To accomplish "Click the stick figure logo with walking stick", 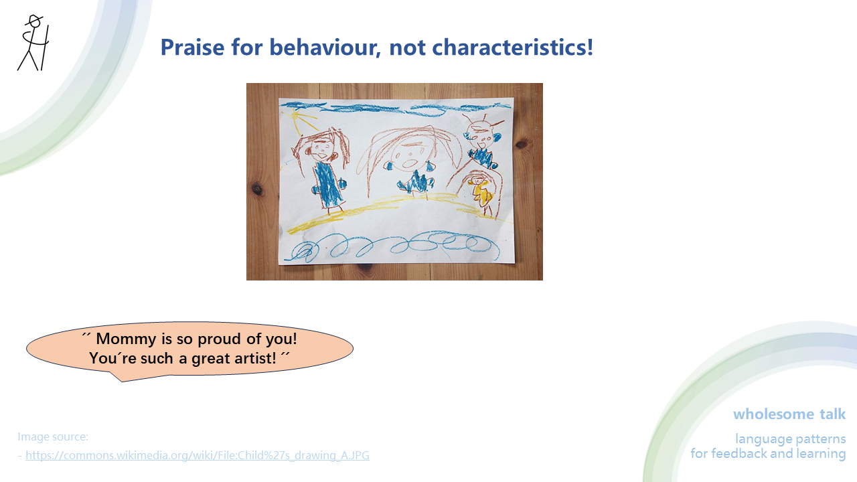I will (x=33, y=43).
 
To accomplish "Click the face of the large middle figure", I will (x=407, y=159).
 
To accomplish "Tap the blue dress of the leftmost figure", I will (x=329, y=183).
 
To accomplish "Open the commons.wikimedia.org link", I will (x=197, y=455).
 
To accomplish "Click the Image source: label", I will (x=53, y=436).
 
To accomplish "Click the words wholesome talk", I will (x=789, y=414).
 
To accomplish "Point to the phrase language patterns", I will (x=790, y=439).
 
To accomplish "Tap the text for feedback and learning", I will (x=768, y=454).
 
